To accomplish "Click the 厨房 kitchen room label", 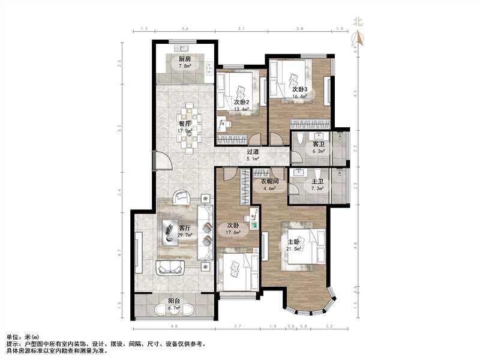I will coord(184,59).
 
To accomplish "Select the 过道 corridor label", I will coord(253,152).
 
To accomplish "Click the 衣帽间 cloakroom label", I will coord(268,181).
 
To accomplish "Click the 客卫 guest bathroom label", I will coord(317,145).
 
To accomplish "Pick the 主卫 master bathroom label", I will coord(317,181).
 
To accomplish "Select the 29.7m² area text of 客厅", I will coord(185,236).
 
